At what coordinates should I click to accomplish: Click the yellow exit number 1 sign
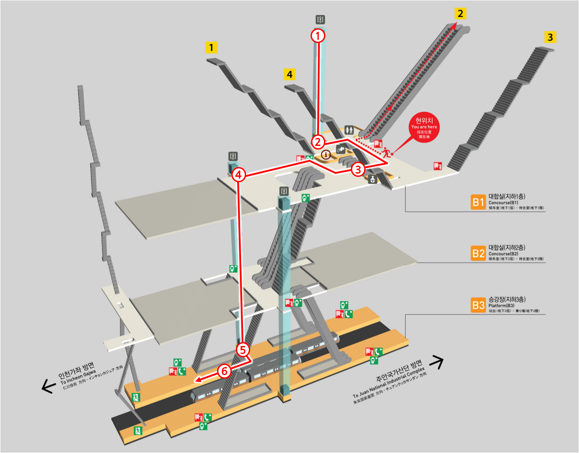[211, 47]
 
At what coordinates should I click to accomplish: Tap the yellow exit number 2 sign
[460, 13]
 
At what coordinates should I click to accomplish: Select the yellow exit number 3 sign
[550, 37]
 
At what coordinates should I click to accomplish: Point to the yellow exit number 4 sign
[289, 74]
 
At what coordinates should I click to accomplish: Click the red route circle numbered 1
[318, 35]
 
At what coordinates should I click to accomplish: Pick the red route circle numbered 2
[318, 142]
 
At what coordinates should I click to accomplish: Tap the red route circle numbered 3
[358, 169]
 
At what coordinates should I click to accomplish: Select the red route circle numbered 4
[238, 175]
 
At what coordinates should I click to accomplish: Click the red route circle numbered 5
[243, 350]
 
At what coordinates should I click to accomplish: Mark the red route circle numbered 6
[224, 371]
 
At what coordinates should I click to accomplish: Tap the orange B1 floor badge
[478, 202]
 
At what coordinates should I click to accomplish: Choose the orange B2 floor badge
[478, 253]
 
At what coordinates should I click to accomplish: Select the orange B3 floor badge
[478, 305]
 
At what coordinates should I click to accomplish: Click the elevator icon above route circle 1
[320, 20]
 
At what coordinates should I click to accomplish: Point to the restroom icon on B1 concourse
[349, 130]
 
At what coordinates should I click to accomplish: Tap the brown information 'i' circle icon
[326, 155]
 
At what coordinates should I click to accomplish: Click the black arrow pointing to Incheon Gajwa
[48, 386]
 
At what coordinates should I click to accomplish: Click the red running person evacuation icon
[386, 152]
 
